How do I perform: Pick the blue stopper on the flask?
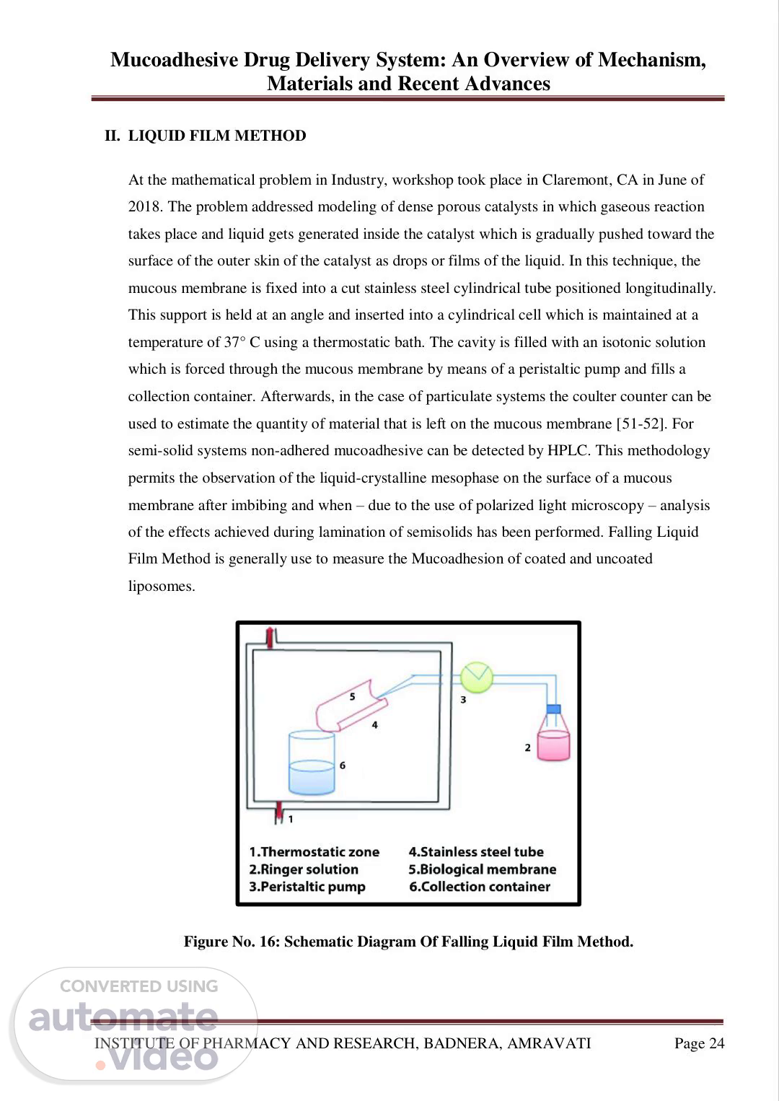click(553, 709)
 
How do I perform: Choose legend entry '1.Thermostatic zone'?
click(314, 852)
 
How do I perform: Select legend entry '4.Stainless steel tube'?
click(476, 852)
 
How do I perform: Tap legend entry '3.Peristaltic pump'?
click(307, 887)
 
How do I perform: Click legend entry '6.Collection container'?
click(480, 887)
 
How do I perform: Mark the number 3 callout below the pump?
click(463, 699)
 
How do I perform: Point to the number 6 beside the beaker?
click(343, 765)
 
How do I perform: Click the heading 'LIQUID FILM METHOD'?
click(217, 136)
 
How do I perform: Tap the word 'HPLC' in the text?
click(569, 451)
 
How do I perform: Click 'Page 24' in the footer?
click(699, 1043)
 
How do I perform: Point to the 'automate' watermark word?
click(123, 1017)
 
